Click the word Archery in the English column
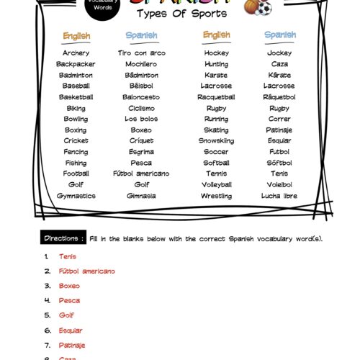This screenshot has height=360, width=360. tap(76, 53)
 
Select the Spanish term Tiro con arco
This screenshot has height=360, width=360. tap(141, 53)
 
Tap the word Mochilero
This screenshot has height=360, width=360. tap(141, 64)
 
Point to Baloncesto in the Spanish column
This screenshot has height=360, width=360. tap(141, 97)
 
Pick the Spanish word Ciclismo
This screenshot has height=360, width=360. tap(141, 108)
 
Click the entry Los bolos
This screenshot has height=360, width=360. tap(141, 119)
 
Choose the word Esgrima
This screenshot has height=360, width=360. tap(141, 152)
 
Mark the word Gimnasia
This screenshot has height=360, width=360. tap(141, 196)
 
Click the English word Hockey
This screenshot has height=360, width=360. tap(216, 53)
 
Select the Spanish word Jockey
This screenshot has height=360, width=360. tap(279, 53)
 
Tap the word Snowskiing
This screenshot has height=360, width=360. tap(216, 141)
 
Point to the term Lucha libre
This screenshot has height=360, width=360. tap(279, 196)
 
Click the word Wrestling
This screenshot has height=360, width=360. tap(216, 196)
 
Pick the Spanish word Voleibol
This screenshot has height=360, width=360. tap(279, 184)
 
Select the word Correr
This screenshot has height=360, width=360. tap(279, 119)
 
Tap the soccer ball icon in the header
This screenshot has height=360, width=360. tap(263, 8)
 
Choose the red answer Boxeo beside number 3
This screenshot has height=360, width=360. tap(70, 286)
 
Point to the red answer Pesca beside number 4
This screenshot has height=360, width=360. tap(70, 300)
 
